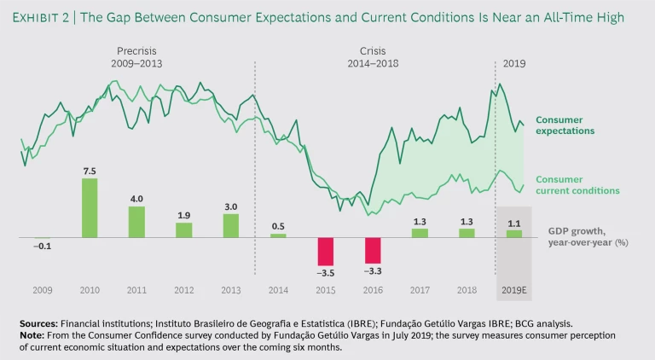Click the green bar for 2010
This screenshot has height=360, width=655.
point(90,207)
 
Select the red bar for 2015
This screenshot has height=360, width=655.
point(326,252)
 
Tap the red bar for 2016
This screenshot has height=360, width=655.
point(373,251)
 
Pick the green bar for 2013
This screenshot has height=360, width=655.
point(230,225)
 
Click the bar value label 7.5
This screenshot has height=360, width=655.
point(89,171)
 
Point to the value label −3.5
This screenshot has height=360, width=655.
point(325,275)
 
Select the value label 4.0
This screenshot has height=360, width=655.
point(136,199)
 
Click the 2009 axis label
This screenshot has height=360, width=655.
point(43,290)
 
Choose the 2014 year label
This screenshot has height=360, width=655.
point(278,290)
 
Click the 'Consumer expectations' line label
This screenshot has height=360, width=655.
point(565,125)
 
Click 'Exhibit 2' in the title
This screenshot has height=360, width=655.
point(45,17)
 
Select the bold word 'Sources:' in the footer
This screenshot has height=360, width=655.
point(39,324)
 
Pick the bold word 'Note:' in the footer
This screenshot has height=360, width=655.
point(32,336)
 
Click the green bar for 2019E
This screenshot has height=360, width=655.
point(513,234)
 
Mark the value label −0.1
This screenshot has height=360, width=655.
point(42,247)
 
